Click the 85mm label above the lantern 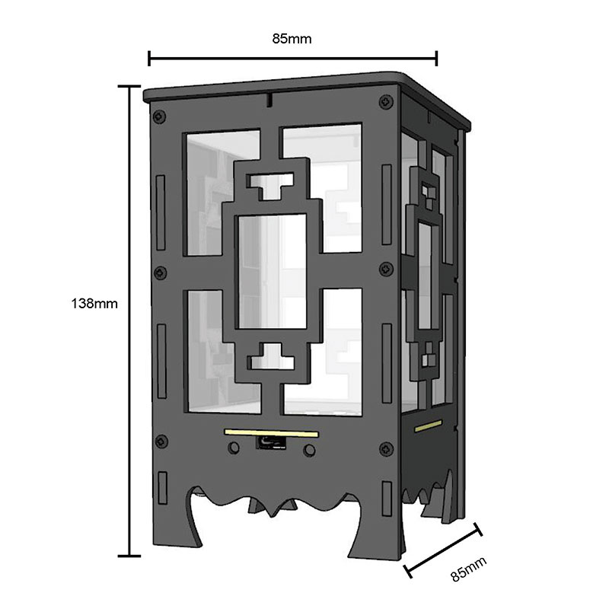coord(292,39)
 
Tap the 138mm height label coord(94,303)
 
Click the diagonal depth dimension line coord(443,550)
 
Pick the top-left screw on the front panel coord(159,116)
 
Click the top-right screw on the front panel coord(386,101)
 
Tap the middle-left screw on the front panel coord(161,273)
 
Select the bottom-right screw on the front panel coord(386,448)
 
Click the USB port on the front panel coord(272,442)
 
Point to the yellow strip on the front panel coord(272,432)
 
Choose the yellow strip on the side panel coord(428,426)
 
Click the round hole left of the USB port coord(234,448)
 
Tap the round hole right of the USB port coord(309,450)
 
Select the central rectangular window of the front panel coord(273,272)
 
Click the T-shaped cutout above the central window coord(272,186)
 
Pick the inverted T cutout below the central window coord(271,356)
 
